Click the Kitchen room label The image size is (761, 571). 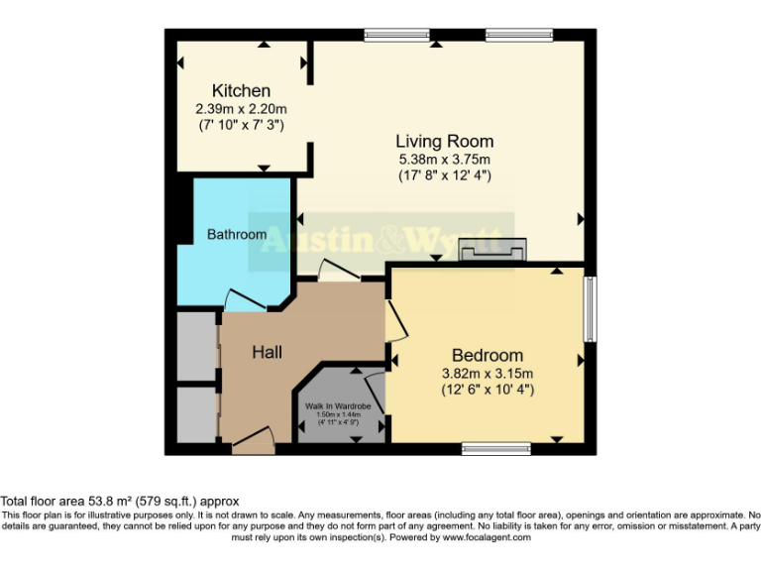pyautogui.click(x=240, y=91)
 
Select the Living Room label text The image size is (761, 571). pyautogui.click(x=444, y=141)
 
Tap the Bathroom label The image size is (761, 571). pyautogui.click(x=236, y=235)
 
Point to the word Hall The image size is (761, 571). pyautogui.click(x=267, y=352)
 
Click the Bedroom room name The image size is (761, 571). pyautogui.click(x=487, y=356)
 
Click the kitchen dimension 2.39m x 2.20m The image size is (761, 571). pyautogui.click(x=240, y=109)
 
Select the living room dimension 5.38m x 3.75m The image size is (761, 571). pyautogui.click(x=444, y=159)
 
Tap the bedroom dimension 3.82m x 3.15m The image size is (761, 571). pyautogui.click(x=487, y=374)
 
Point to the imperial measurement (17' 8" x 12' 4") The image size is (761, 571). pyautogui.click(x=444, y=175)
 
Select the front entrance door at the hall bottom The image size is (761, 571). pyautogui.click(x=254, y=441)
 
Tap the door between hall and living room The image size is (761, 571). pyautogui.click(x=334, y=270)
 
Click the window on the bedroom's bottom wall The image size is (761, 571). pyautogui.click(x=495, y=449)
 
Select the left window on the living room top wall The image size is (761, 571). pyautogui.click(x=389, y=36)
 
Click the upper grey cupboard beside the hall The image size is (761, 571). pyautogui.click(x=195, y=345)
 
